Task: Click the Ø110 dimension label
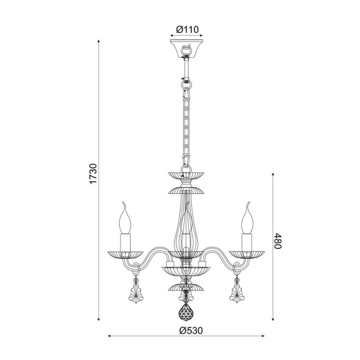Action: pyautogui.click(x=187, y=29)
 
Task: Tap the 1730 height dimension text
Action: pyautogui.click(x=93, y=175)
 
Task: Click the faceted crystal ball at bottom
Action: pyautogui.click(x=185, y=312)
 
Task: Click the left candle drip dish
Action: pyautogui.click(x=125, y=254)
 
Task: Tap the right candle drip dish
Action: pyautogui.click(x=247, y=254)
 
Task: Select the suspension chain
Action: pyautogui.click(x=186, y=123)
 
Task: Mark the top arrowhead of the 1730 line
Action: pyautogui.click(x=99, y=42)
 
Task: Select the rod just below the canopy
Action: pyautogui.click(x=186, y=67)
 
